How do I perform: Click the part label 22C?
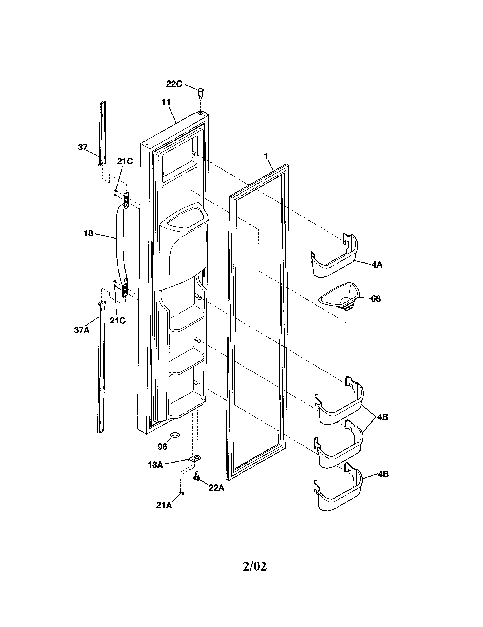[x=174, y=84]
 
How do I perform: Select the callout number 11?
[x=165, y=103]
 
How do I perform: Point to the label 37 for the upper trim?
[x=83, y=147]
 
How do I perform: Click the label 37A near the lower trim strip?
[x=82, y=330]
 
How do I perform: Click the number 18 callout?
[x=88, y=233]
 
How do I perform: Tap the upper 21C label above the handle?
[x=125, y=161]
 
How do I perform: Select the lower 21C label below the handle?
[x=118, y=320]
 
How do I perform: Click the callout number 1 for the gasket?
[x=266, y=156]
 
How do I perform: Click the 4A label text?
[x=377, y=265]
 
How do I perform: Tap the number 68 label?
[x=376, y=299]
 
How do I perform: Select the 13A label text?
[x=155, y=465]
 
